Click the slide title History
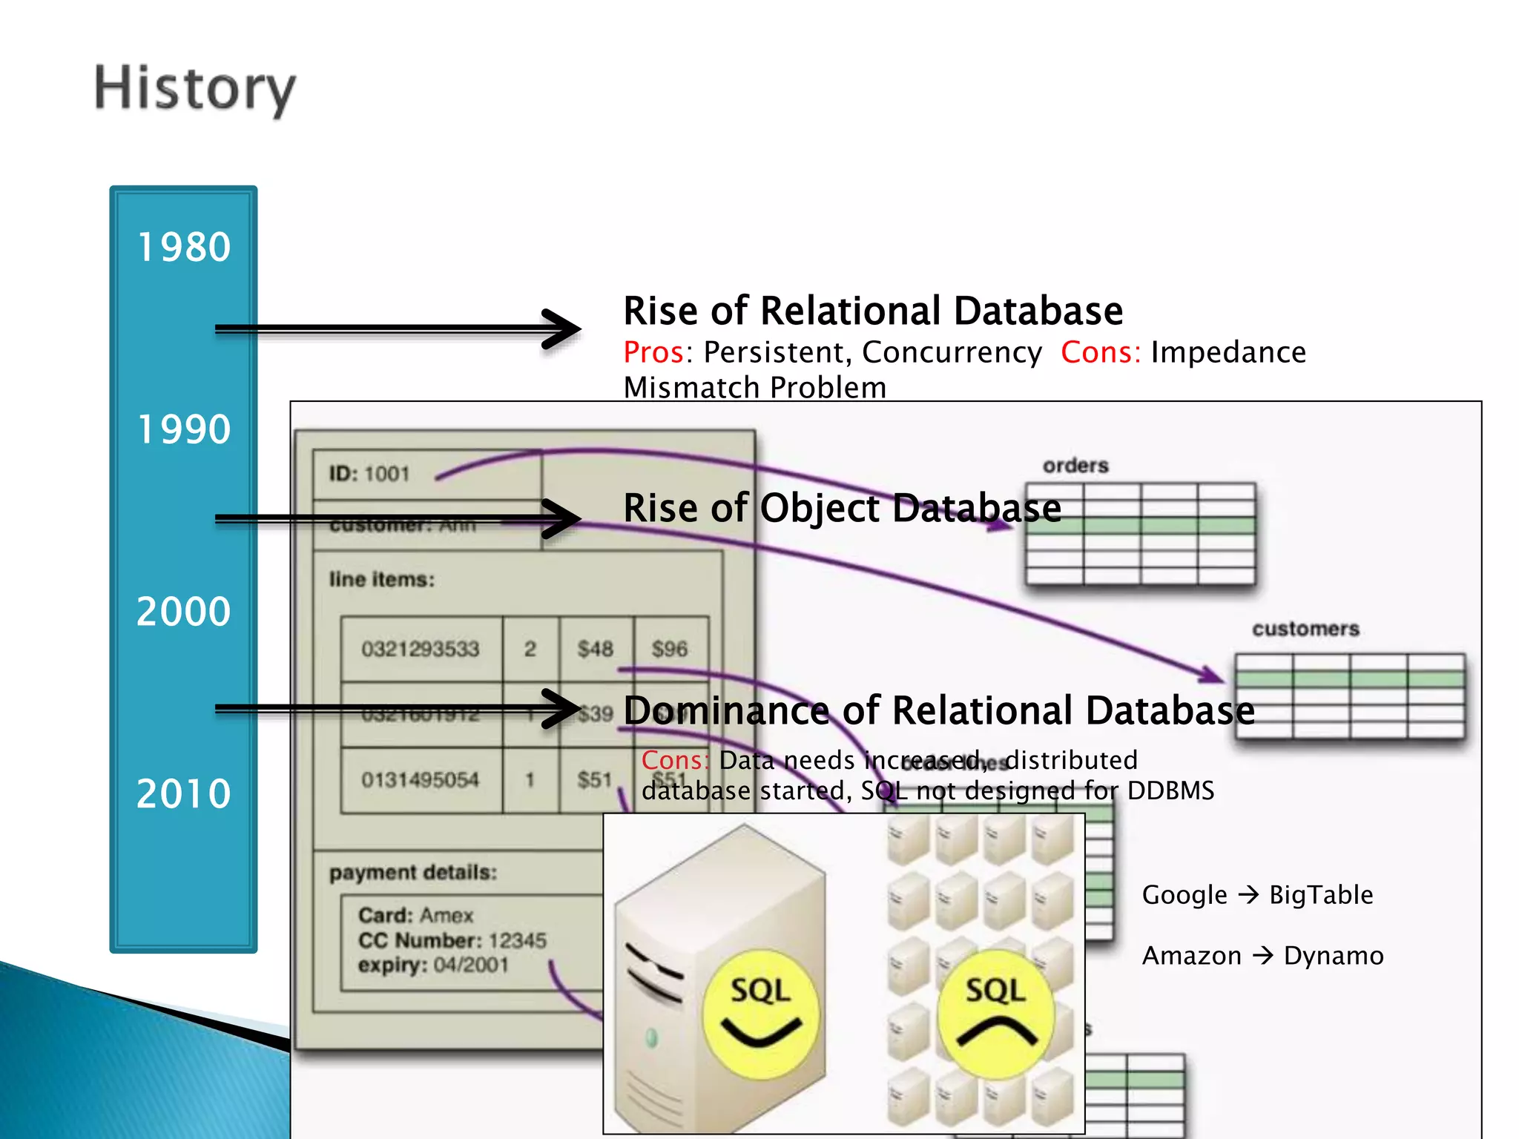click(x=194, y=88)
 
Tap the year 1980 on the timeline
click(x=184, y=247)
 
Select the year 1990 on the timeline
click(x=184, y=429)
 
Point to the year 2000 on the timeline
click(x=184, y=612)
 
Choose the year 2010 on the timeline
click(x=184, y=794)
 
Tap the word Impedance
click(x=1228, y=352)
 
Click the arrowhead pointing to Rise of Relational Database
click(x=564, y=329)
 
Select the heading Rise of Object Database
click(x=842, y=509)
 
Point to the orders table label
click(x=1075, y=466)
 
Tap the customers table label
click(x=1305, y=629)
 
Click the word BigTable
click(x=1321, y=895)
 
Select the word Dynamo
click(x=1334, y=956)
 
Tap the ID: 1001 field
click(x=369, y=474)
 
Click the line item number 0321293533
click(x=421, y=649)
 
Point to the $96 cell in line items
click(x=669, y=649)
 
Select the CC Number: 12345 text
click(x=452, y=940)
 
